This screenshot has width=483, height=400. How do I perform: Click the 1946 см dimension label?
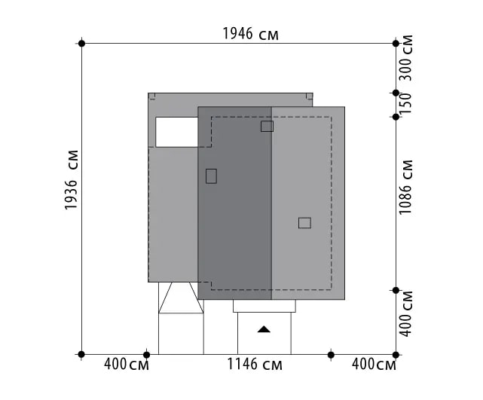tap(250, 34)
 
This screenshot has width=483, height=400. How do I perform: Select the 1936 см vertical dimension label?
tap(71, 180)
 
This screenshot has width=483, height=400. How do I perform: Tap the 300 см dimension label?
tap(405, 57)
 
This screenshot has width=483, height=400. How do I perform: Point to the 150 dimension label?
tap(405, 103)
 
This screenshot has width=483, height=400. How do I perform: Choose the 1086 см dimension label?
tap(405, 187)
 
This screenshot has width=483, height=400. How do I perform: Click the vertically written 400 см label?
tap(405, 313)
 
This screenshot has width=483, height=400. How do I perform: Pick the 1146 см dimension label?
tap(255, 364)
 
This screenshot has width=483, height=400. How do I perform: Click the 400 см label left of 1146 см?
tap(127, 365)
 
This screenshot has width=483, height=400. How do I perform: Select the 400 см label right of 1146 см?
tap(374, 365)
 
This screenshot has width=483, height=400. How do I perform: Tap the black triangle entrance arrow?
tap(264, 329)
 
